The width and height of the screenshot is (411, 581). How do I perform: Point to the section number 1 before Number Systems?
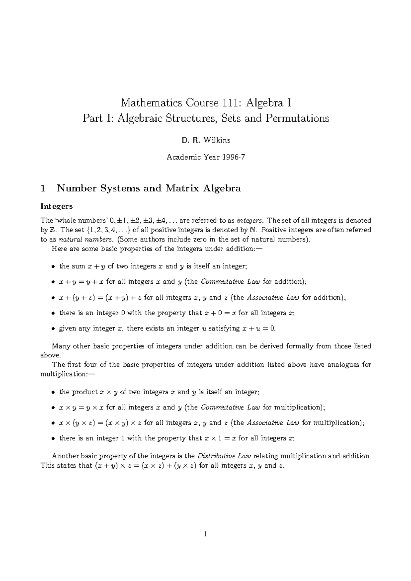43,188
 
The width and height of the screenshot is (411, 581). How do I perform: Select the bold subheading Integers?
57,206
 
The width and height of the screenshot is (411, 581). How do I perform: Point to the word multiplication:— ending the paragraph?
66,374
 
